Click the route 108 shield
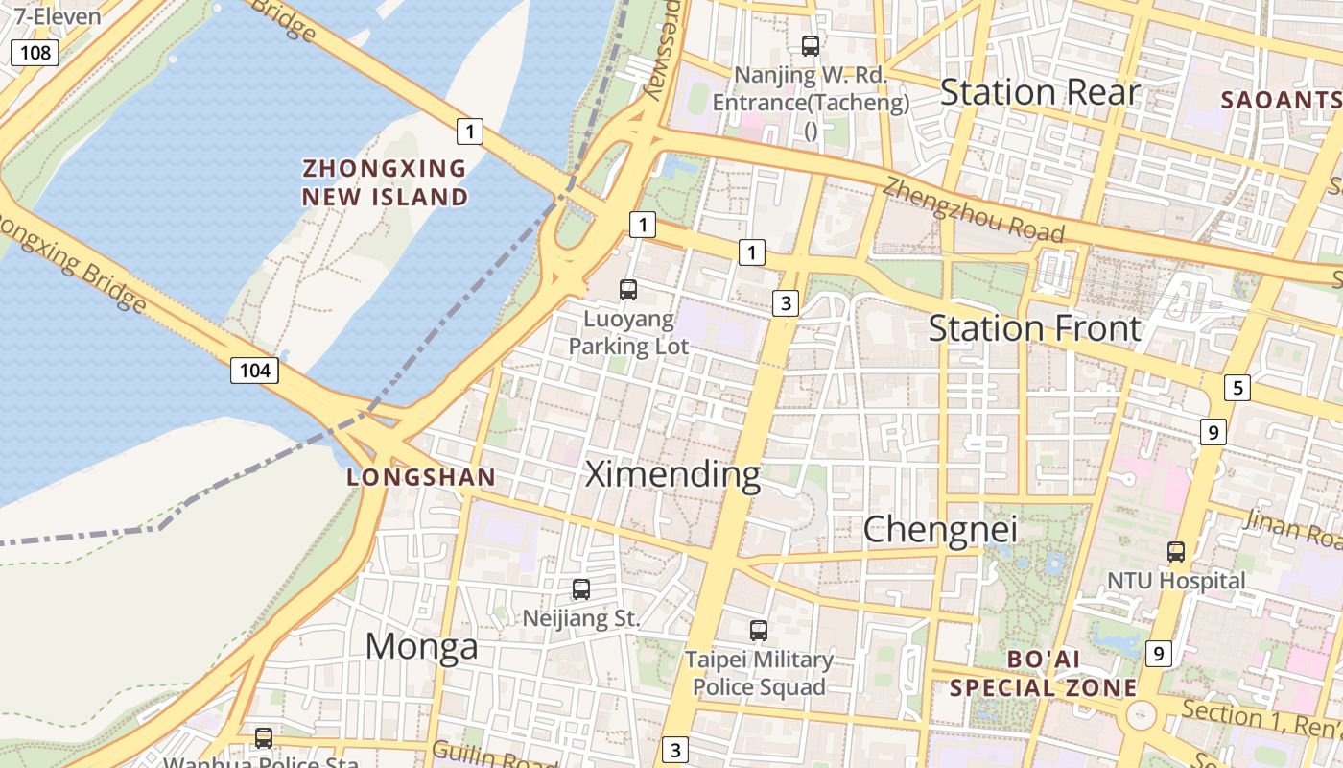[x=35, y=52]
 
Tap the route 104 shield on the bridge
[x=254, y=370]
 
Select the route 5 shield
[x=1237, y=388]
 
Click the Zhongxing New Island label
[x=385, y=182]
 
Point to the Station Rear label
[x=1040, y=92]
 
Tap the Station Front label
[x=1034, y=328]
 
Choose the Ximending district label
[x=672, y=473]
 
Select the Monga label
[x=421, y=646]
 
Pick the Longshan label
[x=421, y=477]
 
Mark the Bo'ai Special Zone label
[x=1043, y=674]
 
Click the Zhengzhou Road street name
[x=973, y=210]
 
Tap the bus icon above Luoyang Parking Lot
[x=628, y=289]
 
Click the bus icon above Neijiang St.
[x=580, y=589]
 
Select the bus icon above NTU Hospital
[x=1176, y=552]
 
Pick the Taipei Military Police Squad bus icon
[x=759, y=631]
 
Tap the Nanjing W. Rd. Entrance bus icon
[x=811, y=45]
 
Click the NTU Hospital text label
[x=1176, y=581]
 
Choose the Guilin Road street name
[x=494, y=756]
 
